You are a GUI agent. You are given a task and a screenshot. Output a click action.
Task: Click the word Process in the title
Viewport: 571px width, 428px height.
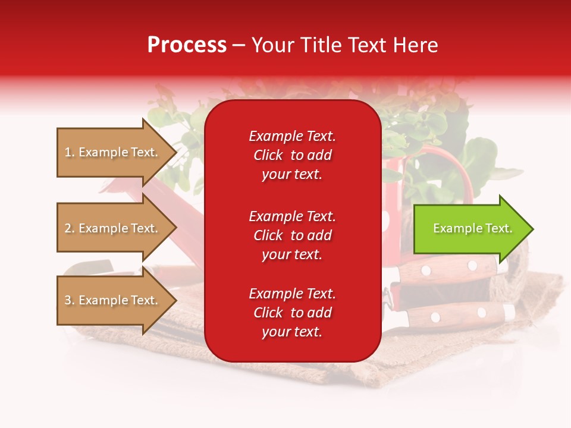[x=187, y=45]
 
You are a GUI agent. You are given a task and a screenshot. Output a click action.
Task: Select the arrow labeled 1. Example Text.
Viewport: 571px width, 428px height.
[x=113, y=153]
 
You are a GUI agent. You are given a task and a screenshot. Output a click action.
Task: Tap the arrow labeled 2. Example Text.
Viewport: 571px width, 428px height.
[x=113, y=228]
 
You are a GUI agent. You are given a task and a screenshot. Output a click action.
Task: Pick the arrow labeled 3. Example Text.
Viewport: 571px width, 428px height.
[x=113, y=300]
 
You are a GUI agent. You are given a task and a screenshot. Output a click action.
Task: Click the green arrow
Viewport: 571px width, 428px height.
[x=470, y=229]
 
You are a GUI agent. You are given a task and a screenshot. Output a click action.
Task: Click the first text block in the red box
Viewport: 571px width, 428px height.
[x=292, y=155]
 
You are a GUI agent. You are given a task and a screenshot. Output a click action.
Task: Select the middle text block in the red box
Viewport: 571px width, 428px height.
[x=292, y=235]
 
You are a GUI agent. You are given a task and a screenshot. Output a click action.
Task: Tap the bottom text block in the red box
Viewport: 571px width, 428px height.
[x=292, y=313]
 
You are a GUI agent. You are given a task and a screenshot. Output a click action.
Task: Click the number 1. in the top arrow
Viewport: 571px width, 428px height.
[x=70, y=153]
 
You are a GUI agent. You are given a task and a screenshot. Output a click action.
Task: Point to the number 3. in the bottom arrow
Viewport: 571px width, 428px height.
[x=70, y=300]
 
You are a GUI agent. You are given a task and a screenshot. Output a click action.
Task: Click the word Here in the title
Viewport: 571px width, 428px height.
[x=416, y=45]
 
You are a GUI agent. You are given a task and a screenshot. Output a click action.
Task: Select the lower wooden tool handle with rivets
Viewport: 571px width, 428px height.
[x=458, y=314]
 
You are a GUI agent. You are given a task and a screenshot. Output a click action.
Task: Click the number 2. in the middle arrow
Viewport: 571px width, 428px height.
[x=70, y=228]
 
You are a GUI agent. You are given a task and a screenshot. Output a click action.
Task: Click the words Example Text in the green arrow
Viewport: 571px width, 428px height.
[x=472, y=229]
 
